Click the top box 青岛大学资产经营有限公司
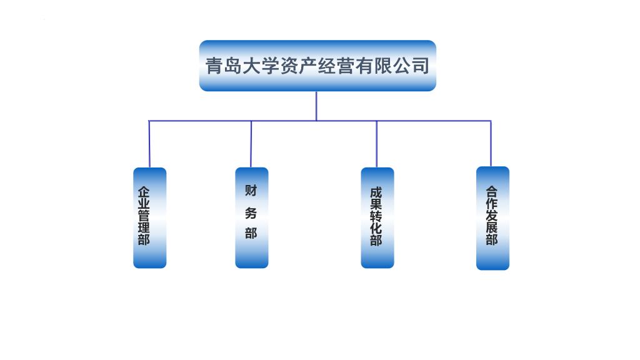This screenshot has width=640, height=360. click(x=317, y=66)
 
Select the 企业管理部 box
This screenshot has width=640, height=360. click(x=150, y=217)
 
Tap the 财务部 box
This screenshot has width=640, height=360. click(x=252, y=217)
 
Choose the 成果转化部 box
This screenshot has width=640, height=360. click(x=377, y=217)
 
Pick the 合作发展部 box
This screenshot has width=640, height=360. click(x=492, y=217)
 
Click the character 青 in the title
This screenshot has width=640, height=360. click(x=214, y=66)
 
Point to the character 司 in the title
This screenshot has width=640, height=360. click(x=421, y=66)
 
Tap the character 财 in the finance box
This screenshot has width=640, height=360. click(x=251, y=190)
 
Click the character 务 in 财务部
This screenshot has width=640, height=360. click(x=251, y=212)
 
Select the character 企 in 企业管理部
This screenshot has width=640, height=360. click(x=144, y=191)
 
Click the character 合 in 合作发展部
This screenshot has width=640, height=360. click(x=492, y=192)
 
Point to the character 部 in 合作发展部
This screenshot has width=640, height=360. click(x=492, y=239)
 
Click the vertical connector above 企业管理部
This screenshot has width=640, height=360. click(x=149, y=144)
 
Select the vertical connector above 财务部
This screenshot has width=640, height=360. click(x=251, y=144)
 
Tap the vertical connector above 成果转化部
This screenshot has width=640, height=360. click(x=377, y=144)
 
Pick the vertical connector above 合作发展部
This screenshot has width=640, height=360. click(x=491, y=144)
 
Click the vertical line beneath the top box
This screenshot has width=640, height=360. click(x=316, y=106)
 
